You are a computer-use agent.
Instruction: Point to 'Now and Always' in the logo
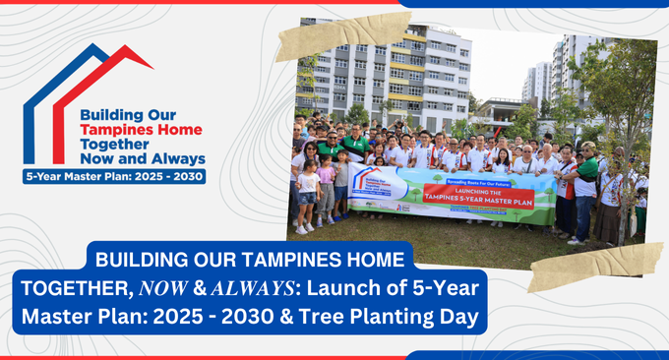click(143, 158)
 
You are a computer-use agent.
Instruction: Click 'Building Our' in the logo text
click(128, 114)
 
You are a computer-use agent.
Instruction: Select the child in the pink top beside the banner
click(326, 192)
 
